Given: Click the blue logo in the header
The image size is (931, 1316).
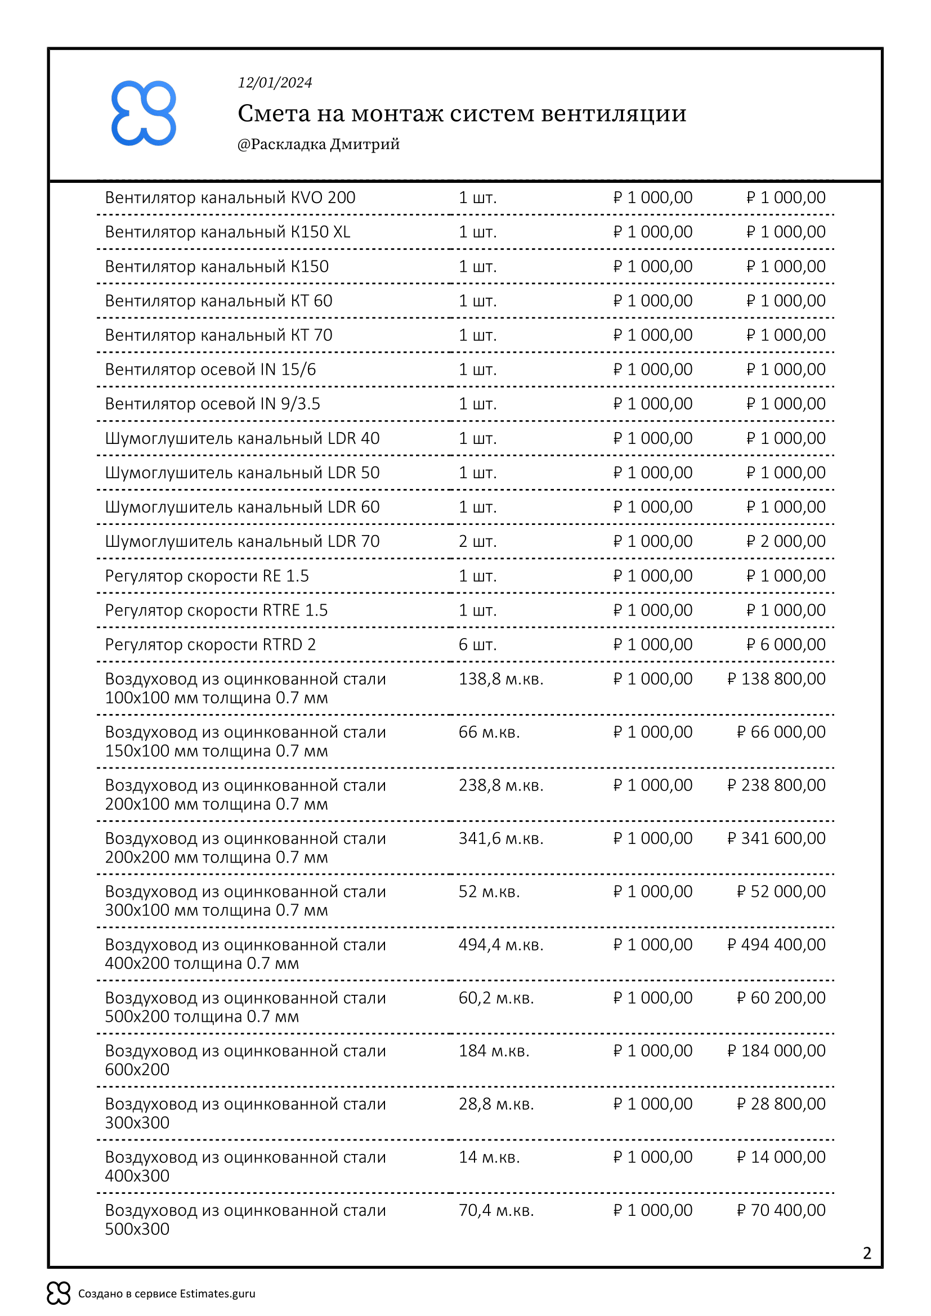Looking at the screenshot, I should coord(144,113).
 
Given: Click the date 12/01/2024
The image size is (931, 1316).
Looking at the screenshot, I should coord(275,83).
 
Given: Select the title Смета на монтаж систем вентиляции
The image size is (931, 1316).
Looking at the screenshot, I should coord(462,114).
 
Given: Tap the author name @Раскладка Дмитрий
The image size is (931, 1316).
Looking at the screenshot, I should coord(318,144).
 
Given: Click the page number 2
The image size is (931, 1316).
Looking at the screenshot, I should coord(867,1253).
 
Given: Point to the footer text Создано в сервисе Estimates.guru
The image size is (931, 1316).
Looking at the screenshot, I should coord(166,1293).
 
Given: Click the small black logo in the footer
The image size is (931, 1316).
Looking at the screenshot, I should coord(59,1293).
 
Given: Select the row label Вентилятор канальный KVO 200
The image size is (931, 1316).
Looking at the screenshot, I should coord(230,197).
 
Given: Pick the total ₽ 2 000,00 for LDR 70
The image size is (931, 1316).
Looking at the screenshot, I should coord(785,541).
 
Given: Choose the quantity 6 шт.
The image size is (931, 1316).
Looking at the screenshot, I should coord(477,644).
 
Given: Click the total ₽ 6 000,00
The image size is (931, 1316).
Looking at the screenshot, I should coord(785,644).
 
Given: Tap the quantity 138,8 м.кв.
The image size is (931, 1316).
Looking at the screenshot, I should coord(500,679).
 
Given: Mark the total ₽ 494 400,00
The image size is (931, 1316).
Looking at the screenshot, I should coord(776,945).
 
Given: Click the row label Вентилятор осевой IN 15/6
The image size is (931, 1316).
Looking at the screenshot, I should coord(210,370).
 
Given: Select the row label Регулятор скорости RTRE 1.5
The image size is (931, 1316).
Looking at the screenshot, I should coord(216,610).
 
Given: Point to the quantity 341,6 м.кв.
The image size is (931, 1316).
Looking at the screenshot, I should coord(500,838).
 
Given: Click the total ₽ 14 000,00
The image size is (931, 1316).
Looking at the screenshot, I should coord(781,1157).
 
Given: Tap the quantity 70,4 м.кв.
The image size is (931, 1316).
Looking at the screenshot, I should coord(496,1211).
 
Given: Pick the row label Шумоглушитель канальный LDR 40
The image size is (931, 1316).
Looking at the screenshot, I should coord(242,438).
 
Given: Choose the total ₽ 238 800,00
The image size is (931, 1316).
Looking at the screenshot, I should coord(776,785).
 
